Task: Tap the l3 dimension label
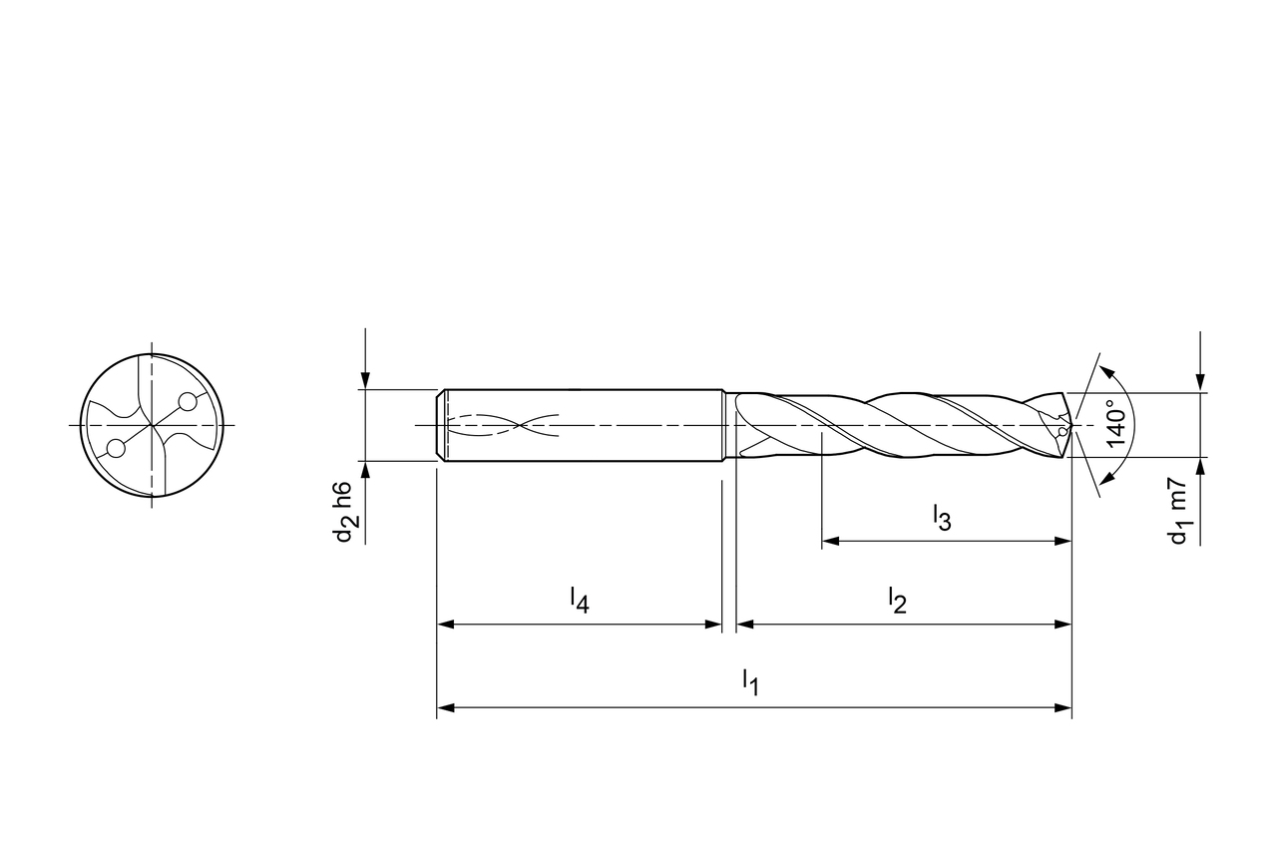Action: click(x=942, y=518)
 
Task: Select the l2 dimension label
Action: click(x=897, y=602)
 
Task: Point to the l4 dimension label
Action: click(x=580, y=601)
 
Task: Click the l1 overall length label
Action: click(x=751, y=682)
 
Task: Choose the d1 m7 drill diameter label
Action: click(x=1175, y=511)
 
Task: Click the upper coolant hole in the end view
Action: click(x=187, y=402)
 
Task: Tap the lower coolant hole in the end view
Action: click(x=116, y=449)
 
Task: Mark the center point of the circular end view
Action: click(x=152, y=425)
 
